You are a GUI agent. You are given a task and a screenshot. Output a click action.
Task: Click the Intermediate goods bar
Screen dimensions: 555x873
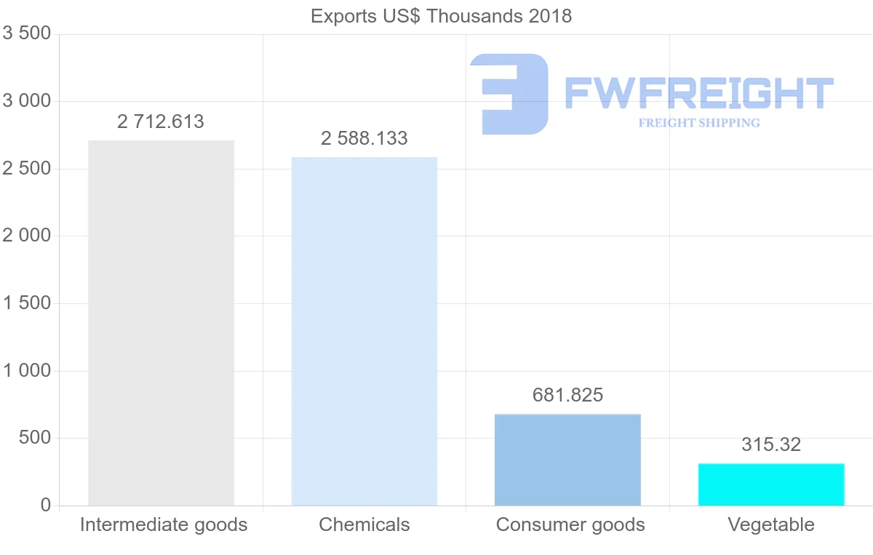(161, 323)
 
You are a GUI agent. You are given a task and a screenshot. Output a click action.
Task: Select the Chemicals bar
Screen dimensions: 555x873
(364, 331)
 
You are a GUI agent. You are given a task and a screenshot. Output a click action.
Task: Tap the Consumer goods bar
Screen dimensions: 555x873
(567, 460)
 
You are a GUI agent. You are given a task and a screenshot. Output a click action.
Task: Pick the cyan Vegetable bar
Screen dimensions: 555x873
(771, 484)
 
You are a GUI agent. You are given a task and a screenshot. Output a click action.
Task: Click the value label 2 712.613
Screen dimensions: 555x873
(161, 121)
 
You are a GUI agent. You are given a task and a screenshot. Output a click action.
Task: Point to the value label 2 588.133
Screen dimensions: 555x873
(364, 138)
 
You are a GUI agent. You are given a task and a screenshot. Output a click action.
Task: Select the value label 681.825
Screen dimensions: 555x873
(567, 395)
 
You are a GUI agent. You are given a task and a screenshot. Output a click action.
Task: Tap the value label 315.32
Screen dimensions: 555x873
(771, 444)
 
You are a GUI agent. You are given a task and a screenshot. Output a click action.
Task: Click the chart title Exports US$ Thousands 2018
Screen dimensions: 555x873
(441, 16)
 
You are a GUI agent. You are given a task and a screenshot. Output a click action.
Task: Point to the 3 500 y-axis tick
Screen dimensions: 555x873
(27, 33)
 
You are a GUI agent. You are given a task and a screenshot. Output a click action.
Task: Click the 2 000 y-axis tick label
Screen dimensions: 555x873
(27, 236)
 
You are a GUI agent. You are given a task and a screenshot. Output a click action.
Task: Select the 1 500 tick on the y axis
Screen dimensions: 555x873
(27, 303)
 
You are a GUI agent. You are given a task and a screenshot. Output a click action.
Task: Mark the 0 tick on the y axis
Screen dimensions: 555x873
(46, 505)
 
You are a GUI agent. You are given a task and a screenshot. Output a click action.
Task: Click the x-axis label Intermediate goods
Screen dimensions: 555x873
(164, 524)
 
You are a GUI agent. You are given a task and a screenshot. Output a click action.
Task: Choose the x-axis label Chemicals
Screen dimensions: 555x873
(364, 524)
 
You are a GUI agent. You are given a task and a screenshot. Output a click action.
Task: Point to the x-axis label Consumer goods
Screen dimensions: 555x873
(570, 524)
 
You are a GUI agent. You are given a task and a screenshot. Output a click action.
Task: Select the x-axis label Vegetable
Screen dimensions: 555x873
(771, 524)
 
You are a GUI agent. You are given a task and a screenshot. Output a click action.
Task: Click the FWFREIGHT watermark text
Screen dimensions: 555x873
(698, 93)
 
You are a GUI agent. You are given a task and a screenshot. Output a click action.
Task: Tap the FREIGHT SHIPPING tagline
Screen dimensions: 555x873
(698, 123)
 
